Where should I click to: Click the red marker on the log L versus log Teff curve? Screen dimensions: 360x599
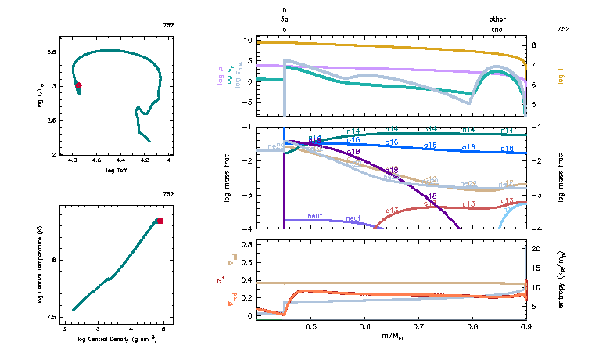point(77,85)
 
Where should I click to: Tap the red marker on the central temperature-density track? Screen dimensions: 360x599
point(160,221)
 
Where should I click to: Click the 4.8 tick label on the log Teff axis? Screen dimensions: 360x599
point(73,162)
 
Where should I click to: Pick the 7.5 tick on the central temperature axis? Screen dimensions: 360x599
point(52,317)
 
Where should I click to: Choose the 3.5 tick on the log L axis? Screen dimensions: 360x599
point(52,52)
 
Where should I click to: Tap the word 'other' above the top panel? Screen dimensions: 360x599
point(497,19)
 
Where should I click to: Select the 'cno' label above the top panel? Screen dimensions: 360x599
point(497,29)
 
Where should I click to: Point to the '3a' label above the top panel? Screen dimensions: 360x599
point(285,19)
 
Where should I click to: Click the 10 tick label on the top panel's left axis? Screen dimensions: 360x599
point(249,40)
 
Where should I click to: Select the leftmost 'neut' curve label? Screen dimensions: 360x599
point(315,216)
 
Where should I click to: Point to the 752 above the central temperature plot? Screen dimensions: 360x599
point(168,194)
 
